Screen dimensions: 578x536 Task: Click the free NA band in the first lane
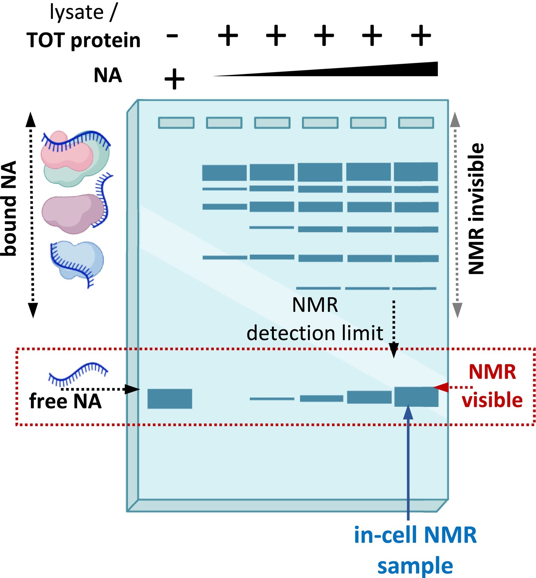[170, 399]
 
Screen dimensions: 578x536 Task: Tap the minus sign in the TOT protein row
[172, 36]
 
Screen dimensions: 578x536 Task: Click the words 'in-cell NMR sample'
[415, 550]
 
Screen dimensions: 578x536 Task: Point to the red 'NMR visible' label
[492, 386]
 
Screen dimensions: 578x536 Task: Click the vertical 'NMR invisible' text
[477, 209]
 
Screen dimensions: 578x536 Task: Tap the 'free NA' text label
[65, 401]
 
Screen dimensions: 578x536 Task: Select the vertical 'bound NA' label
[9, 209]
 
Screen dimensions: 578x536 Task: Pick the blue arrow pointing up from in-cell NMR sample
[408, 462]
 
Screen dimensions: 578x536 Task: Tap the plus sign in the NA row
[174, 79]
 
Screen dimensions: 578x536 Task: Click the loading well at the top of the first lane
[176, 123]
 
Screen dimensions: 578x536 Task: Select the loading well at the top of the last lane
[416, 123]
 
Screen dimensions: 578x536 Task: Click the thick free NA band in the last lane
[416, 397]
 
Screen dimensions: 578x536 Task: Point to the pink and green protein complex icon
[75, 158]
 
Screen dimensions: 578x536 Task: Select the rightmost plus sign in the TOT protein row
[421, 36]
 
